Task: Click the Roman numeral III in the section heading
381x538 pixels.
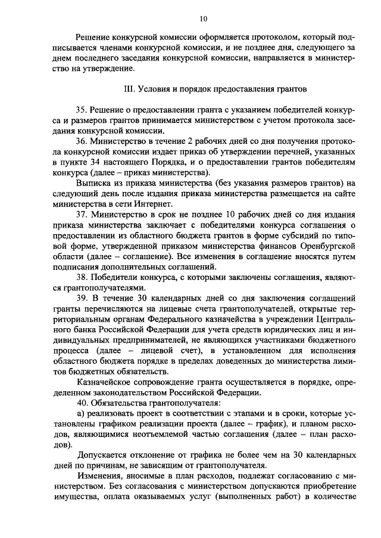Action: coord(127,89)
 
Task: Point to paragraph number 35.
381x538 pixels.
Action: coord(82,111)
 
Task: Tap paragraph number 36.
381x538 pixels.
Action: coord(82,141)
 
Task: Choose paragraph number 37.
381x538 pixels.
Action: coord(82,213)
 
